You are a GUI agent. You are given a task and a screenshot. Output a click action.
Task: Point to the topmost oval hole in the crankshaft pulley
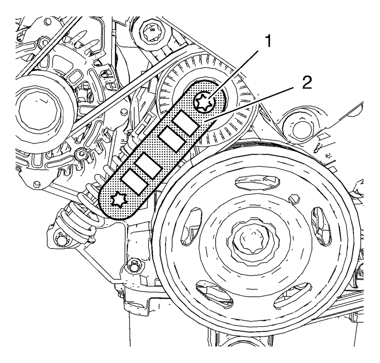click(x=250, y=183)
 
